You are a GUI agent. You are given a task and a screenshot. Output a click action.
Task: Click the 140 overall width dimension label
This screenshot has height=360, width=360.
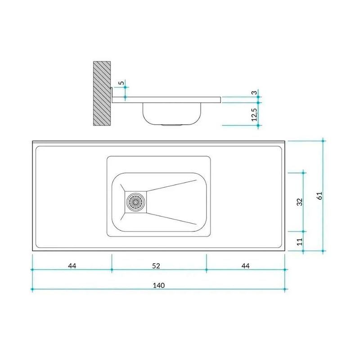click(x=159, y=285)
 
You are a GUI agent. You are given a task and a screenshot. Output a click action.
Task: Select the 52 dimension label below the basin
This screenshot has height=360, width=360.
click(x=156, y=266)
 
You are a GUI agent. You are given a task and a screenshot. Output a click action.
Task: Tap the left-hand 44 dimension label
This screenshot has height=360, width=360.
click(x=72, y=266)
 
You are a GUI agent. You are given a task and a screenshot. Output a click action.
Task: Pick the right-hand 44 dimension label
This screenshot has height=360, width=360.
click(x=245, y=266)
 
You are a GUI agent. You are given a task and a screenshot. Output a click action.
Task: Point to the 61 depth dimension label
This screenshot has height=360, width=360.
click(x=319, y=196)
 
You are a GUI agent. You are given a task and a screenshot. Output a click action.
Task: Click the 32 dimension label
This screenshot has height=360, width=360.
click(x=300, y=202)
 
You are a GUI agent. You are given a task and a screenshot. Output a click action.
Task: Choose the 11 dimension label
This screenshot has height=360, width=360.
click(x=300, y=242)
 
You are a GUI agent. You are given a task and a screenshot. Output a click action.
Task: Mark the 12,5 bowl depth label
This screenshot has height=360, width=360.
click(x=254, y=114)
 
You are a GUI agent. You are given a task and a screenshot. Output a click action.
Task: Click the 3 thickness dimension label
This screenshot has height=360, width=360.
click(x=254, y=93)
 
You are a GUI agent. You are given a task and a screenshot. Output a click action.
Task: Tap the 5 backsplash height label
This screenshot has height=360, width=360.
click(x=121, y=83)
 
